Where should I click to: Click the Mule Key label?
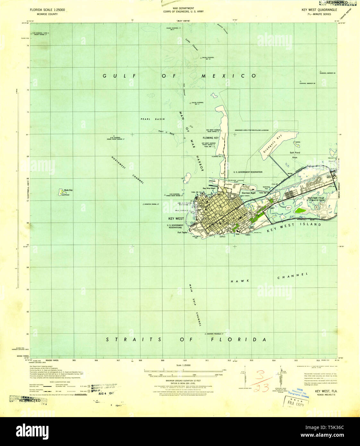click(68, 190)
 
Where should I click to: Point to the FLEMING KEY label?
click(210, 138)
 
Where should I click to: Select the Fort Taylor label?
click(182, 233)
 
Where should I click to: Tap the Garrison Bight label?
click(249, 193)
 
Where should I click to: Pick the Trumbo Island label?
click(233, 184)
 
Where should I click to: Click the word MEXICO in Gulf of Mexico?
click(228, 76)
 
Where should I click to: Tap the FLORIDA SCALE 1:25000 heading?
click(47, 10)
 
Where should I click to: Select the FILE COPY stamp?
click(295, 403)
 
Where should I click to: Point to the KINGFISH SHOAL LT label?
click(152, 204)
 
